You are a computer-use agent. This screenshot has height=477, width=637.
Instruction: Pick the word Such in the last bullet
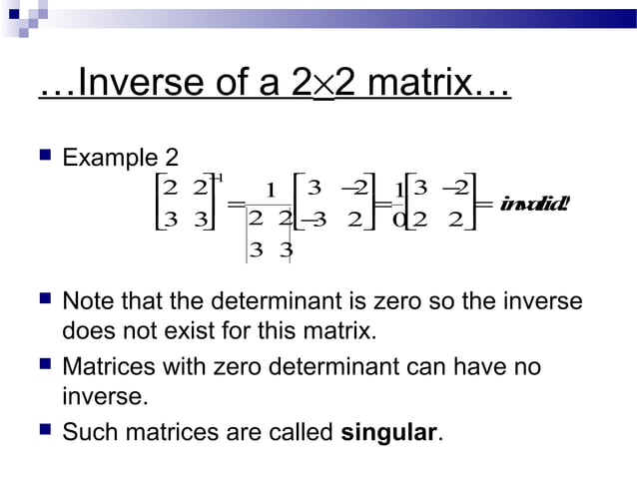[x=87, y=434]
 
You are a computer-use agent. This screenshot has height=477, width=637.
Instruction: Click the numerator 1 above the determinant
[x=269, y=188]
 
